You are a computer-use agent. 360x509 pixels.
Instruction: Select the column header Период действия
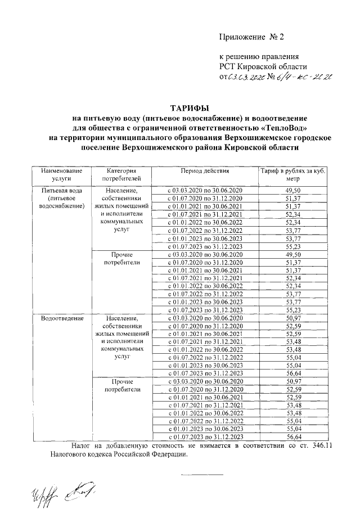point(205,170)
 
